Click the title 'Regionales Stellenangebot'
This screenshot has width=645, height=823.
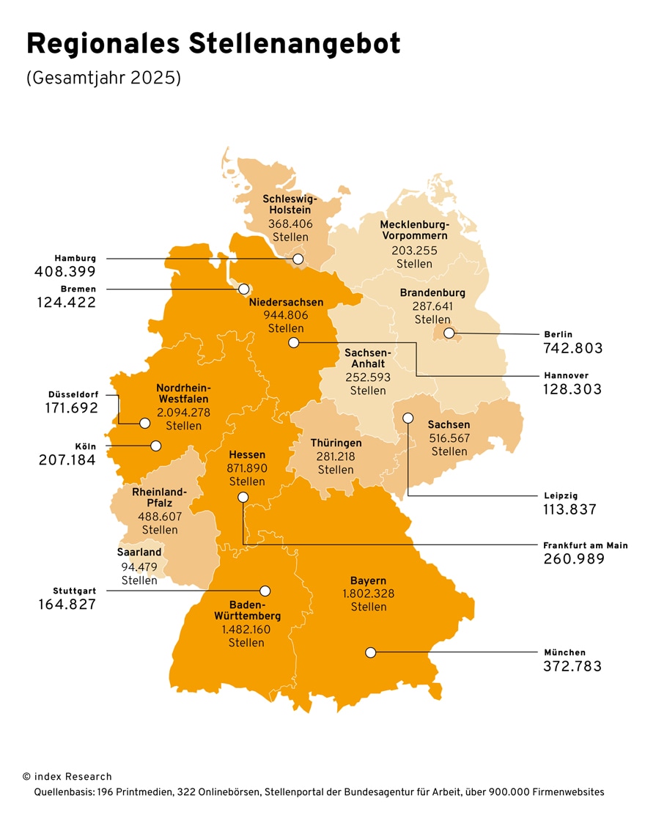point(213,45)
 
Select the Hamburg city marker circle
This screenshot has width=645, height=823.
point(298,259)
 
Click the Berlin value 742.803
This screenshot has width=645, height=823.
point(572,348)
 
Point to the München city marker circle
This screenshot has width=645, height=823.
point(371,652)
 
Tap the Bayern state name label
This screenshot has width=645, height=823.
point(369,580)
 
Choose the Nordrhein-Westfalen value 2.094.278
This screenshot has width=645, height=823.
point(183,413)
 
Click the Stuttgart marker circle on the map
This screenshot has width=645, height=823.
point(265,591)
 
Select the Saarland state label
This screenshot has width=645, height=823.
point(139,552)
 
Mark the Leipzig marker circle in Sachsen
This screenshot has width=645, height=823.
point(408,418)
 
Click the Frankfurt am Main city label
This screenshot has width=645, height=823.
point(585,545)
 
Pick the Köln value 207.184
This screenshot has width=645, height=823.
point(67,460)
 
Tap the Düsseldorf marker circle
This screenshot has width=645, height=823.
point(144,423)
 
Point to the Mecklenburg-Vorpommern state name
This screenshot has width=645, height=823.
point(414,230)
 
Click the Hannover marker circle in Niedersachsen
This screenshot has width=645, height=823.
point(294,342)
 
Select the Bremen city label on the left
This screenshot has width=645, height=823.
point(78,289)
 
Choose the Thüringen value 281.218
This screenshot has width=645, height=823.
point(335,457)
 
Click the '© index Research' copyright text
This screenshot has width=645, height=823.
point(67,776)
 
